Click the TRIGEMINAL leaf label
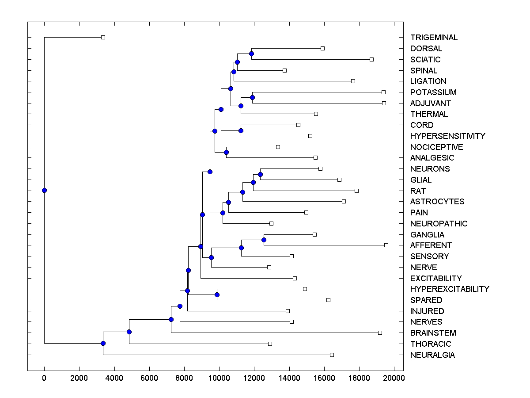(x=434, y=38)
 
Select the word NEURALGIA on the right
(x=432, y=355)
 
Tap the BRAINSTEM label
(x=433, y=333)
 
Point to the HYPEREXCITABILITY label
(x=450, y=289)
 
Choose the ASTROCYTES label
(x=437, y=202)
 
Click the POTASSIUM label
(x=433, y=92)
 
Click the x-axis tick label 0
(x=44, y=378)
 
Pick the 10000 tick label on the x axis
(x=220, y=378)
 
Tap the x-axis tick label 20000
(x=394, y=378)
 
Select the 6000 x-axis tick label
(x=149, y=378)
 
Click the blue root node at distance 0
(x=44, y=190)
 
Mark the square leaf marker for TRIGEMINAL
(x=103, y=38)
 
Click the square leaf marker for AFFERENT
(x=386, y=245)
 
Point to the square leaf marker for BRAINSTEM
(x=380, y=333)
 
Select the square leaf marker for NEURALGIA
(x=332, y=355)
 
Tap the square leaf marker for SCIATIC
(x=371, y=59)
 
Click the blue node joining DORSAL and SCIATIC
(x=251, y=54)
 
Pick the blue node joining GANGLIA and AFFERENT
(x=264, y=240)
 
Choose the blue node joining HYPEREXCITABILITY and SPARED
(x=217, y=295)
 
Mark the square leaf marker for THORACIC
(x=270, y=344)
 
